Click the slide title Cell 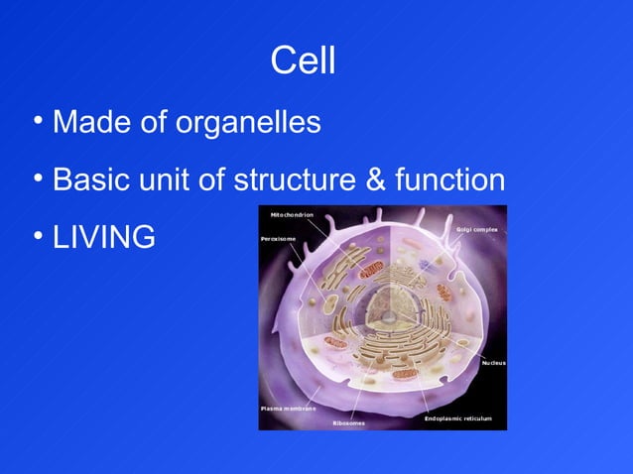303,62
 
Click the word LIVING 103,237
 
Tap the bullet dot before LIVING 37,235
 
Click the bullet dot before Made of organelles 37,121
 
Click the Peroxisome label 280,239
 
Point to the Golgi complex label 477,229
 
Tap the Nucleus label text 493,363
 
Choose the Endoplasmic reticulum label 457,418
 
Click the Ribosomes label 348,423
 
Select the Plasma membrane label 288,409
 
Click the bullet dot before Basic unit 37,178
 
